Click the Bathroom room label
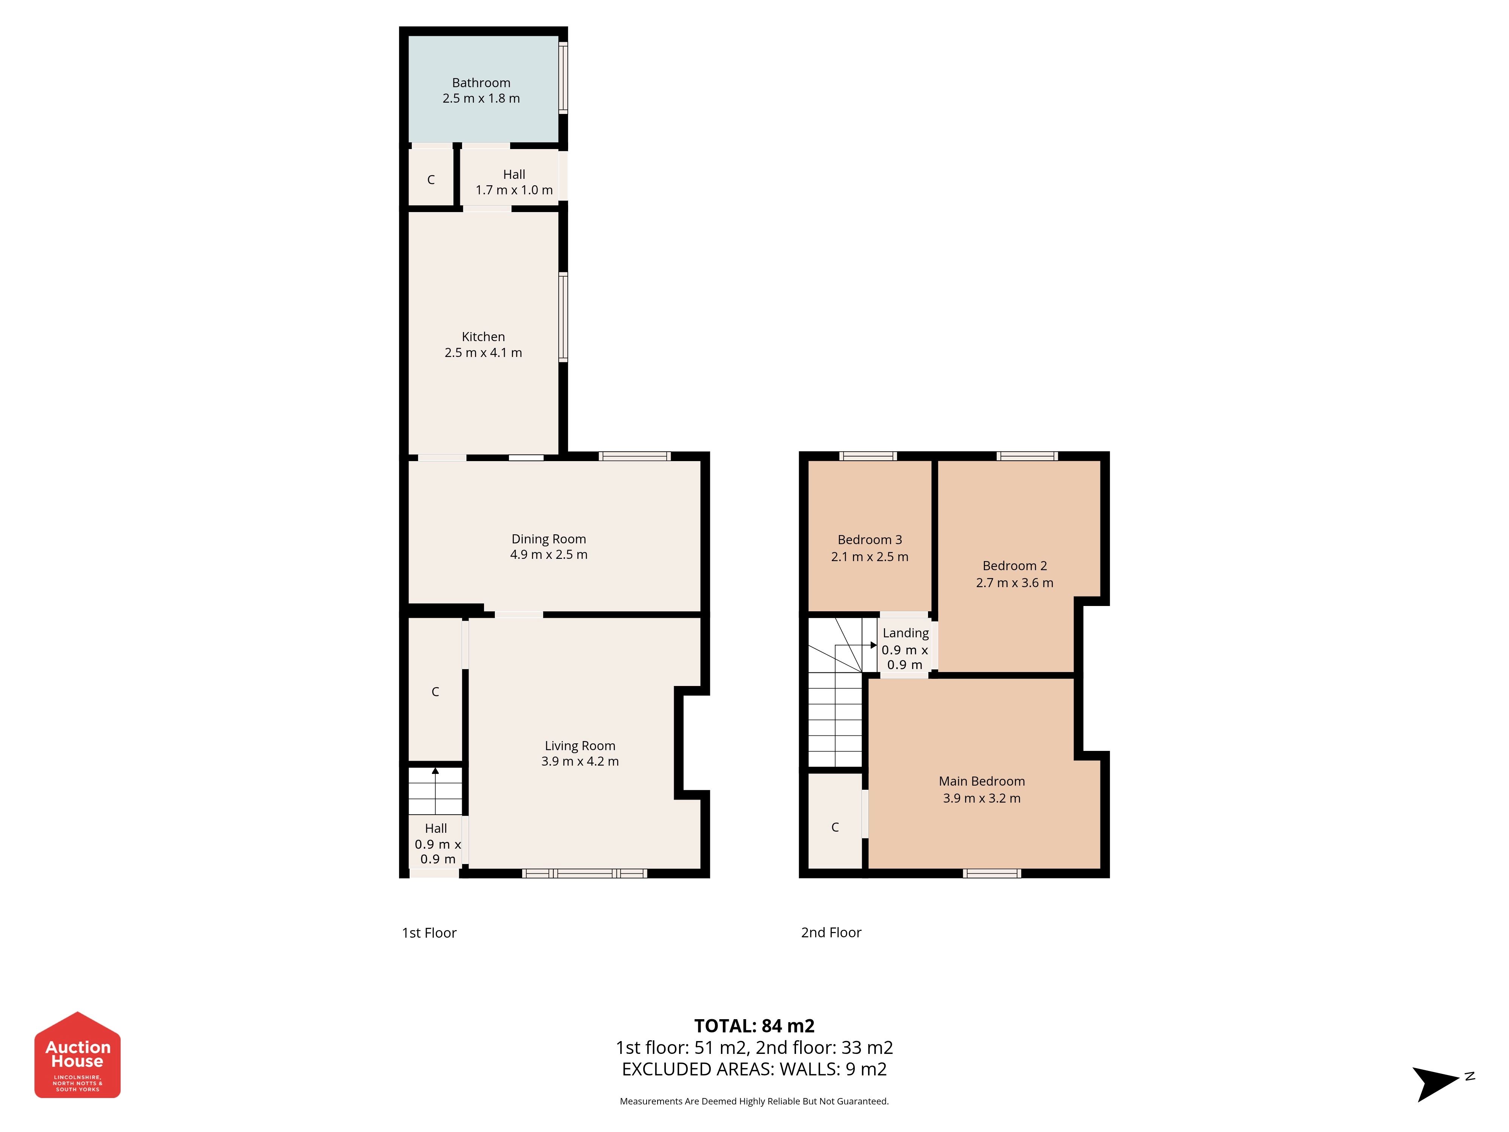point(481,83)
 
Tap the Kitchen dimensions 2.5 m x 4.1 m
point(483,353)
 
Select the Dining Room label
point(549,539)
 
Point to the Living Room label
point(580,746)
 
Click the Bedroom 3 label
point(870,540)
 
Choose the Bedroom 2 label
point(1014,566)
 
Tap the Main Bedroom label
point(982,781)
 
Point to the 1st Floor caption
point(429,933)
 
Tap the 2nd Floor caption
point(831,932)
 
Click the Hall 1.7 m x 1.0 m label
point(514,182)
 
